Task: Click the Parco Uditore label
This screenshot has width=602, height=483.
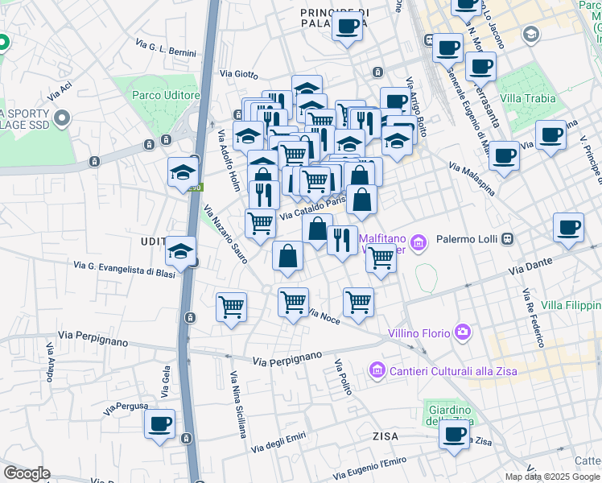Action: click(x=166, y=95)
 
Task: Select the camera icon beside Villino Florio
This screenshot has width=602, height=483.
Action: click(x=463, y=331)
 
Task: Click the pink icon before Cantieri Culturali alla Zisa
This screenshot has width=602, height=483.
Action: click(x=377, y=370)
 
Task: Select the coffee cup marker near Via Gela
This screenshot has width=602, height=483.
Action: click(x=159, y=423)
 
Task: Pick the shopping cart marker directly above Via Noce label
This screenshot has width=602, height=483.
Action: click(x=293, y=303)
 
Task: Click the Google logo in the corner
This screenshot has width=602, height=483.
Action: click(x=27, y=473)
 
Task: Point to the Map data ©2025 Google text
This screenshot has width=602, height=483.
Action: click(x=552, y=477)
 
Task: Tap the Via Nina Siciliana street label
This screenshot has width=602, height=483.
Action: click(x=238, y=404)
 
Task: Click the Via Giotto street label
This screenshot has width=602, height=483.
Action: click(x=239, y=74)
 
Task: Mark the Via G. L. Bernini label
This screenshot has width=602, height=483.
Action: click(x=166, y=47)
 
